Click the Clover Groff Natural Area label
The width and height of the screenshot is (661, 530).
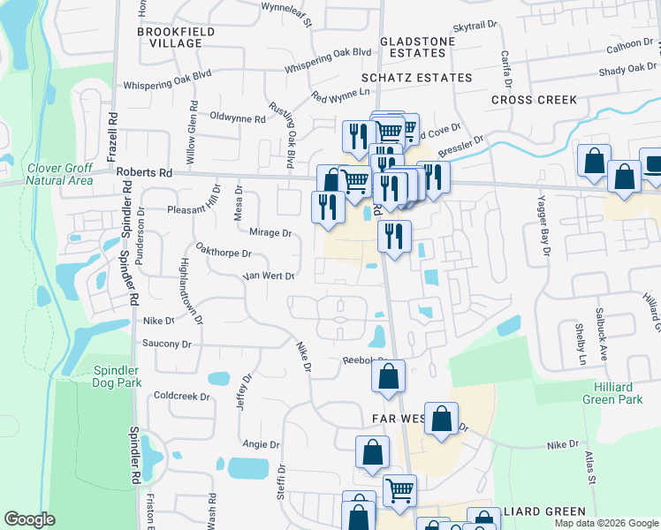pyautogui.click(x=59, y=173)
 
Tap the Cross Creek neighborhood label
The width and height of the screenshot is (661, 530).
pyautogui.click(x=534, y=100)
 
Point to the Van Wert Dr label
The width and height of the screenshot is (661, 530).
pyautogui.click(x=268, y=276)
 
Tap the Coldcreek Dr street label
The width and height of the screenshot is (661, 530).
pyautogui.click(x=180, y=396)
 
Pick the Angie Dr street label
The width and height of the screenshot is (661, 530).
pyautogui.click(x=261, y=444)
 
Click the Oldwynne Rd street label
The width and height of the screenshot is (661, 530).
pyautogui.click(x=237, y=117)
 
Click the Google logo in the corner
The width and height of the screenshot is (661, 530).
pyautogui.click(x=29, y=519)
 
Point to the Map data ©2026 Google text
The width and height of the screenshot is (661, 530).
pyautogui.click(x=605, y=523)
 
